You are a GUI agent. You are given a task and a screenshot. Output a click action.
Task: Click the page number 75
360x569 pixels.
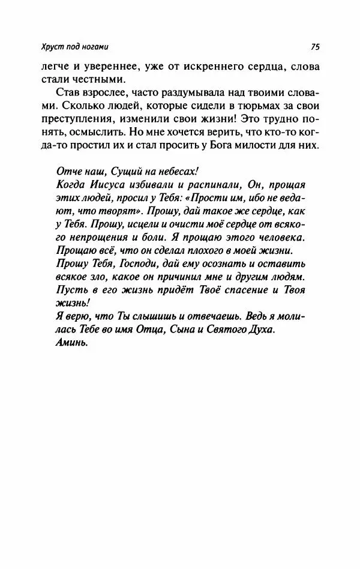(x=317, y=47)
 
